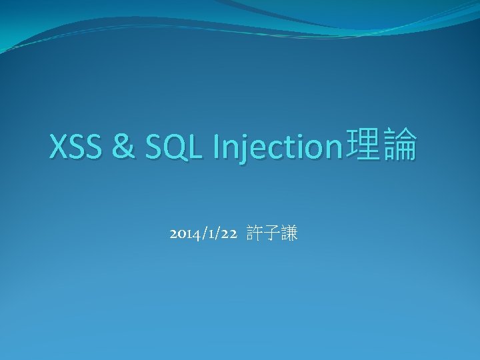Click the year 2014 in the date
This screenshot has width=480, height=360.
183,235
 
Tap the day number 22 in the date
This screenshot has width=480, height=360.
229,235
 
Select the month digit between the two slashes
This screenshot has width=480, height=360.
209,235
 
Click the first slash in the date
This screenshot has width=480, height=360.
202,235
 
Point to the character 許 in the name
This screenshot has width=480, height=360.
255,234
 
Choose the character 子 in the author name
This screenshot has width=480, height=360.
271,234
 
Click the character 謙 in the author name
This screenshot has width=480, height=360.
289,234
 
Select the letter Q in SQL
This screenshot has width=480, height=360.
178,147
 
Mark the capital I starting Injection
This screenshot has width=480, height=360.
216,147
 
